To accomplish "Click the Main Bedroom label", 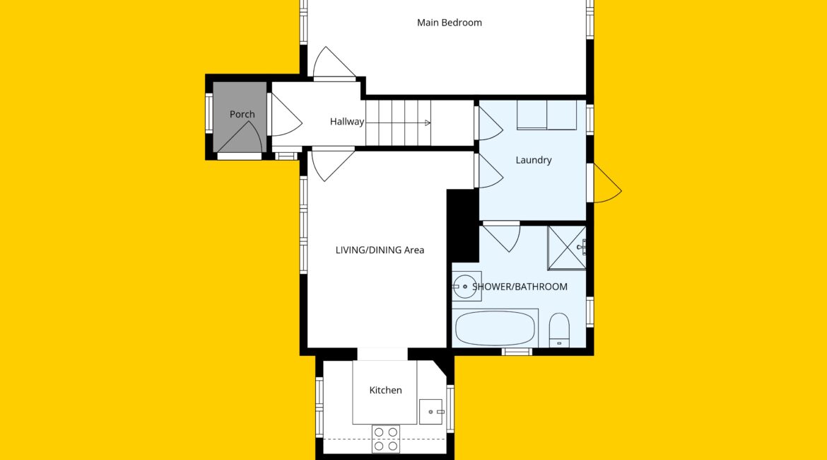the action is click(x=450, y=23).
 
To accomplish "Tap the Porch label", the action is click(x=242, y=114).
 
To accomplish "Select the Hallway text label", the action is click(x=347, y=122).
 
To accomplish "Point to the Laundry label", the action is click(x=533, y=160).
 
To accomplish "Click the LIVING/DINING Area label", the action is click(x=380, y=250).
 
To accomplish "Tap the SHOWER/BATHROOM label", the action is click(x=520, y=287).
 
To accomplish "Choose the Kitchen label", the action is click(x=385, y=390).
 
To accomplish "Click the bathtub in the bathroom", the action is click(x=495, y=328).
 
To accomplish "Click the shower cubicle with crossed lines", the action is click(x=567, y=248).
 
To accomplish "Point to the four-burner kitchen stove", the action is click(x=385, y=439).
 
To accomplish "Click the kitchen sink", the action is click(x=431, y=412).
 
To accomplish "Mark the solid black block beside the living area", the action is click(x=462, y=226).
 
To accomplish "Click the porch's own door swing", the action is click(x=241, y=138).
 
